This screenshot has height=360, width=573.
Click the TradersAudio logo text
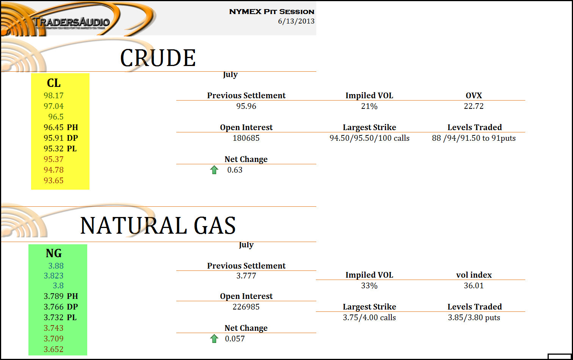pyautogui.click(x=72, y=22)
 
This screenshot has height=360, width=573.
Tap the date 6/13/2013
pyautogui.click(x=296, y=21)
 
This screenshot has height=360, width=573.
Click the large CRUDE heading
pyautogui.click(x=158, y=58)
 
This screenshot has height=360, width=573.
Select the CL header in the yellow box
pyautogui.click(x=53, y=83)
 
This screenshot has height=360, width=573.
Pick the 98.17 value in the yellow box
pyautogui.click(x=53, y=96)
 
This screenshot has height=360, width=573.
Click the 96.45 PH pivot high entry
pyautogui.click(x=61, y=127)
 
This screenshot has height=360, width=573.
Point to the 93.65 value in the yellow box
pyautogui.click(x=53, y=181)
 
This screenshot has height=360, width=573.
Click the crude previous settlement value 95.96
pyautogui.click(x=246, y=106)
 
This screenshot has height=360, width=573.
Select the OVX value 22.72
pyautogui.click(x=474, y=106)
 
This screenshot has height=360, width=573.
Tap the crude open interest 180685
pyautogui.click(x=246, y=138)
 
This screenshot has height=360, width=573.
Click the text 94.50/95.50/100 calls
pyautogui.click(x=369, y=138)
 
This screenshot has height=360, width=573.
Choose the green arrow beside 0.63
pyautogui.click(x=214, y=170)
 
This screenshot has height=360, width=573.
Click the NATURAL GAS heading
pyautogui.click(x=158, y=226)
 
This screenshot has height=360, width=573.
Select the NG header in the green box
pyautogui.click(x=53, y=253)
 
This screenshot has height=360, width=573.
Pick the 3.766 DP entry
pyautogui.click(x=61, y=307)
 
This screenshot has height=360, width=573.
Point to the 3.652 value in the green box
pyautogui.click(x=53, y=349)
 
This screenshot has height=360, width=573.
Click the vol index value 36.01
pyautogui.click(x=474, y=286)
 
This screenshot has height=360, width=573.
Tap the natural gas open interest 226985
pyautogui.click(x=246, y=307)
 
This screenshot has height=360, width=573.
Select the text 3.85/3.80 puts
pyautogui.click(x=474, y=318)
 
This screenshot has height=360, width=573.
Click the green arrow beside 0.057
pyautogui.click(x=214, y=339)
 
